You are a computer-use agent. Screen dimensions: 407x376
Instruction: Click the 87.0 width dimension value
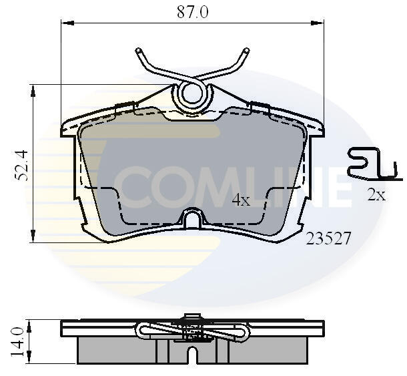pos(193,12)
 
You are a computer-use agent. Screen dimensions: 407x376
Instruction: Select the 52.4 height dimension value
pos(21,165)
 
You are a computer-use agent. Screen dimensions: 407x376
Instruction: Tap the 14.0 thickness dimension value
pos(17,342)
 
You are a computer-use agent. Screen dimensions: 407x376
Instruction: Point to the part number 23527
pos(328,238)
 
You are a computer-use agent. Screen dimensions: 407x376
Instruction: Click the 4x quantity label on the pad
pos(241,200)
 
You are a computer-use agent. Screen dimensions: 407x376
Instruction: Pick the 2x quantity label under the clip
pos(376,194)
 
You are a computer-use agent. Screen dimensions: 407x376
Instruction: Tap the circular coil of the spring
pos(192,95)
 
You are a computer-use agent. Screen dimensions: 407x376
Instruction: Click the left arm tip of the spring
pos(139,50)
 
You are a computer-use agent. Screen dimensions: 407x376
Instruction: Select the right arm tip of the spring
pos(246,50)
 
